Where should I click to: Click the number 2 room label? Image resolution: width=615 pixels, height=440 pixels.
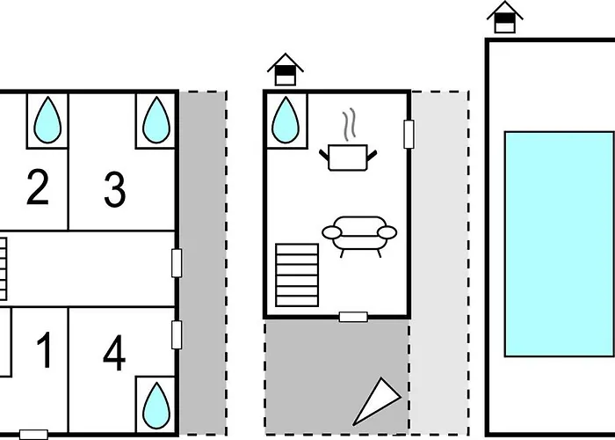38,188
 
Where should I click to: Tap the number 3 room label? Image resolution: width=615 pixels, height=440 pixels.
114,190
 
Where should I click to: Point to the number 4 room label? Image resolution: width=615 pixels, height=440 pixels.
114,354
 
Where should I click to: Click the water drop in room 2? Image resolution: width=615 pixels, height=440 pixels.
49,120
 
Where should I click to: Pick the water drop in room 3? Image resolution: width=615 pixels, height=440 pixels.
156,120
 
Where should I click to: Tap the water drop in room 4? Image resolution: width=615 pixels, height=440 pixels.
156,400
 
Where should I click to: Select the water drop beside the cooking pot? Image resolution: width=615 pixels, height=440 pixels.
286,120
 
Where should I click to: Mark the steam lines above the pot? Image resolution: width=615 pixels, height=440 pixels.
350,125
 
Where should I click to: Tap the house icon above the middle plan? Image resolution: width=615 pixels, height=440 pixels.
285,70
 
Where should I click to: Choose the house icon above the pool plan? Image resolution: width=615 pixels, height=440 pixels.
504,17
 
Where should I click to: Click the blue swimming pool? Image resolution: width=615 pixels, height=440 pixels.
559,244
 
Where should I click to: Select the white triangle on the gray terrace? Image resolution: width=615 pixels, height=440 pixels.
373,400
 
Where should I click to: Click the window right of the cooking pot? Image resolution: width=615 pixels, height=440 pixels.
409,134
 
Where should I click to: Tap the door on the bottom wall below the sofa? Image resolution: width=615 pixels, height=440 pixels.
353,317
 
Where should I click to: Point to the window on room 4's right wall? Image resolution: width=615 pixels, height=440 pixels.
177,334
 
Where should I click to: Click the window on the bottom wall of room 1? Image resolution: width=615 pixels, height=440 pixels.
33,434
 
